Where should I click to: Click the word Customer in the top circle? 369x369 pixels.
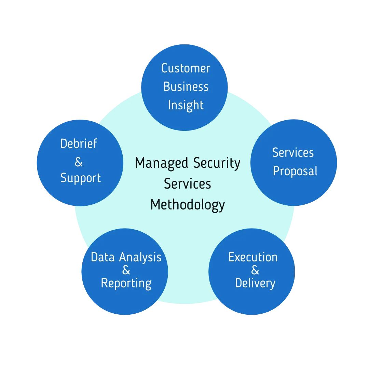pos(186,68)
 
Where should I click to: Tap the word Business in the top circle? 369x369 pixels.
pos(186,87)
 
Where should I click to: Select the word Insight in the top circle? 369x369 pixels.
pos(186,105)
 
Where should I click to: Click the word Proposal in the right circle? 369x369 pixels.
pos(295,171)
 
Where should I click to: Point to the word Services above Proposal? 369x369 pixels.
pos(293,153)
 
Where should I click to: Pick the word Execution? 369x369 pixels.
pos(253,257)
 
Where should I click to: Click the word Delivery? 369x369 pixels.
pos(255,283)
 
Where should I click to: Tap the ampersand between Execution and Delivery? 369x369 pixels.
pos(255,270)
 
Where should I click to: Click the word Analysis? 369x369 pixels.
pos(140,258)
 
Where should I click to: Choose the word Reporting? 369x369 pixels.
pos(126,284)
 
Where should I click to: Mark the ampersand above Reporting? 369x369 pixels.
pos(126,270)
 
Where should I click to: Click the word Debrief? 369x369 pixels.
pos(79,143)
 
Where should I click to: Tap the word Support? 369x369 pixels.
pos(81,178)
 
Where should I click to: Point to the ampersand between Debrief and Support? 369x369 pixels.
pos(79,162)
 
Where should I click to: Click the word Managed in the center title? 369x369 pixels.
pos(162,164)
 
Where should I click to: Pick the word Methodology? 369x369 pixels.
pos(188,205)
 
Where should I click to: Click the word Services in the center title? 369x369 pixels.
pos(188,184)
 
